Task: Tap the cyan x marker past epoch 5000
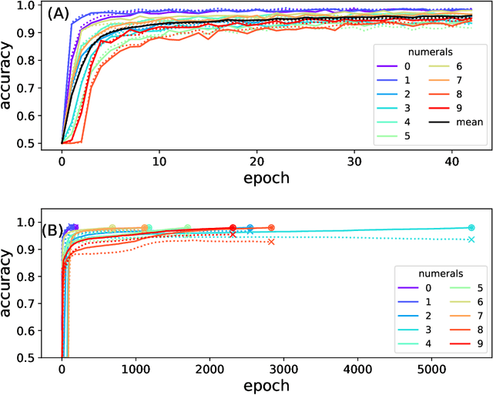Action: pyautogui.click(x=471, y=239)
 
